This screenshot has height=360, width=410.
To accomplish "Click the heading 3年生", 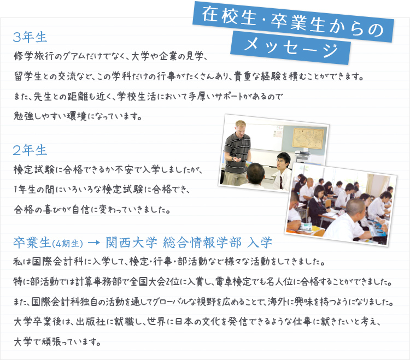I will click(31, 37).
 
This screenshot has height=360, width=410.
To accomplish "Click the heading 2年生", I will click(31, 150).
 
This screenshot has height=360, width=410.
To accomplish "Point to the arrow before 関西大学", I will click(93, 241).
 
